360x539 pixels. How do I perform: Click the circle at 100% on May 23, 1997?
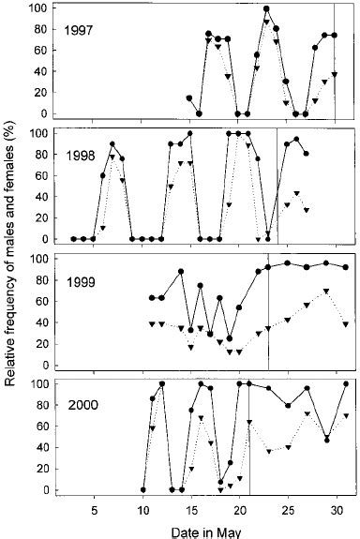coord(267,8)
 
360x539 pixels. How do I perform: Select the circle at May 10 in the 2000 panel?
coord(142,489)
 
